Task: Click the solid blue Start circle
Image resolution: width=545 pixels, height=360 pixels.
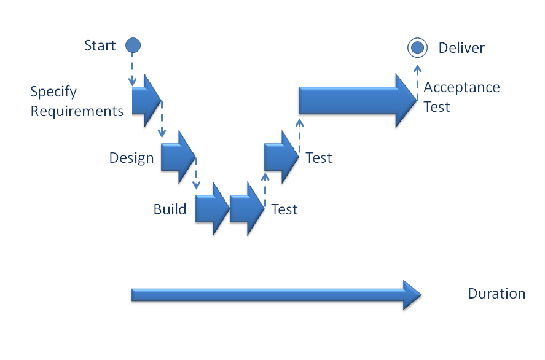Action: pos(133,45)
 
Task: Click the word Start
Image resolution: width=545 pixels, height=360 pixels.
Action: pos(100,45)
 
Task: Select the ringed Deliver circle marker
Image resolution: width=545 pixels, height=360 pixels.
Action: pos(417,47)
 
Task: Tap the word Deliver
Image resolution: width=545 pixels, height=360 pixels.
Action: pos(461,48)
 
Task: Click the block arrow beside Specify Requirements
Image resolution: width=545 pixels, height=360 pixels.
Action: pos(146,100)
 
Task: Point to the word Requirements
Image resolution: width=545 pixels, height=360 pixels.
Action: pos(77,111)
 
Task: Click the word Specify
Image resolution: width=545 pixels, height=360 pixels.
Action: pos(53,92)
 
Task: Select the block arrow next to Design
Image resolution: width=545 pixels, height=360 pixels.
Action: pos(178,157)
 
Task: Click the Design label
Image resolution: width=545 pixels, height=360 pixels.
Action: pos(131,157)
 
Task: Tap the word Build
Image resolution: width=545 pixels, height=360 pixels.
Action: pos(170,209)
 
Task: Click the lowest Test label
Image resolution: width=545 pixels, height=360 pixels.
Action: pos(284,209)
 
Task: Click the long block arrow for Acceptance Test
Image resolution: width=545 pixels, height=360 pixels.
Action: pos(356,100)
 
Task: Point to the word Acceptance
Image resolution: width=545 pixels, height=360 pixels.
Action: pos(461,87)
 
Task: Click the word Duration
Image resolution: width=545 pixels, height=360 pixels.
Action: pos(496,294)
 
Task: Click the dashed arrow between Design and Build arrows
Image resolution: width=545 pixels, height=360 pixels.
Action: pos(196,174)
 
